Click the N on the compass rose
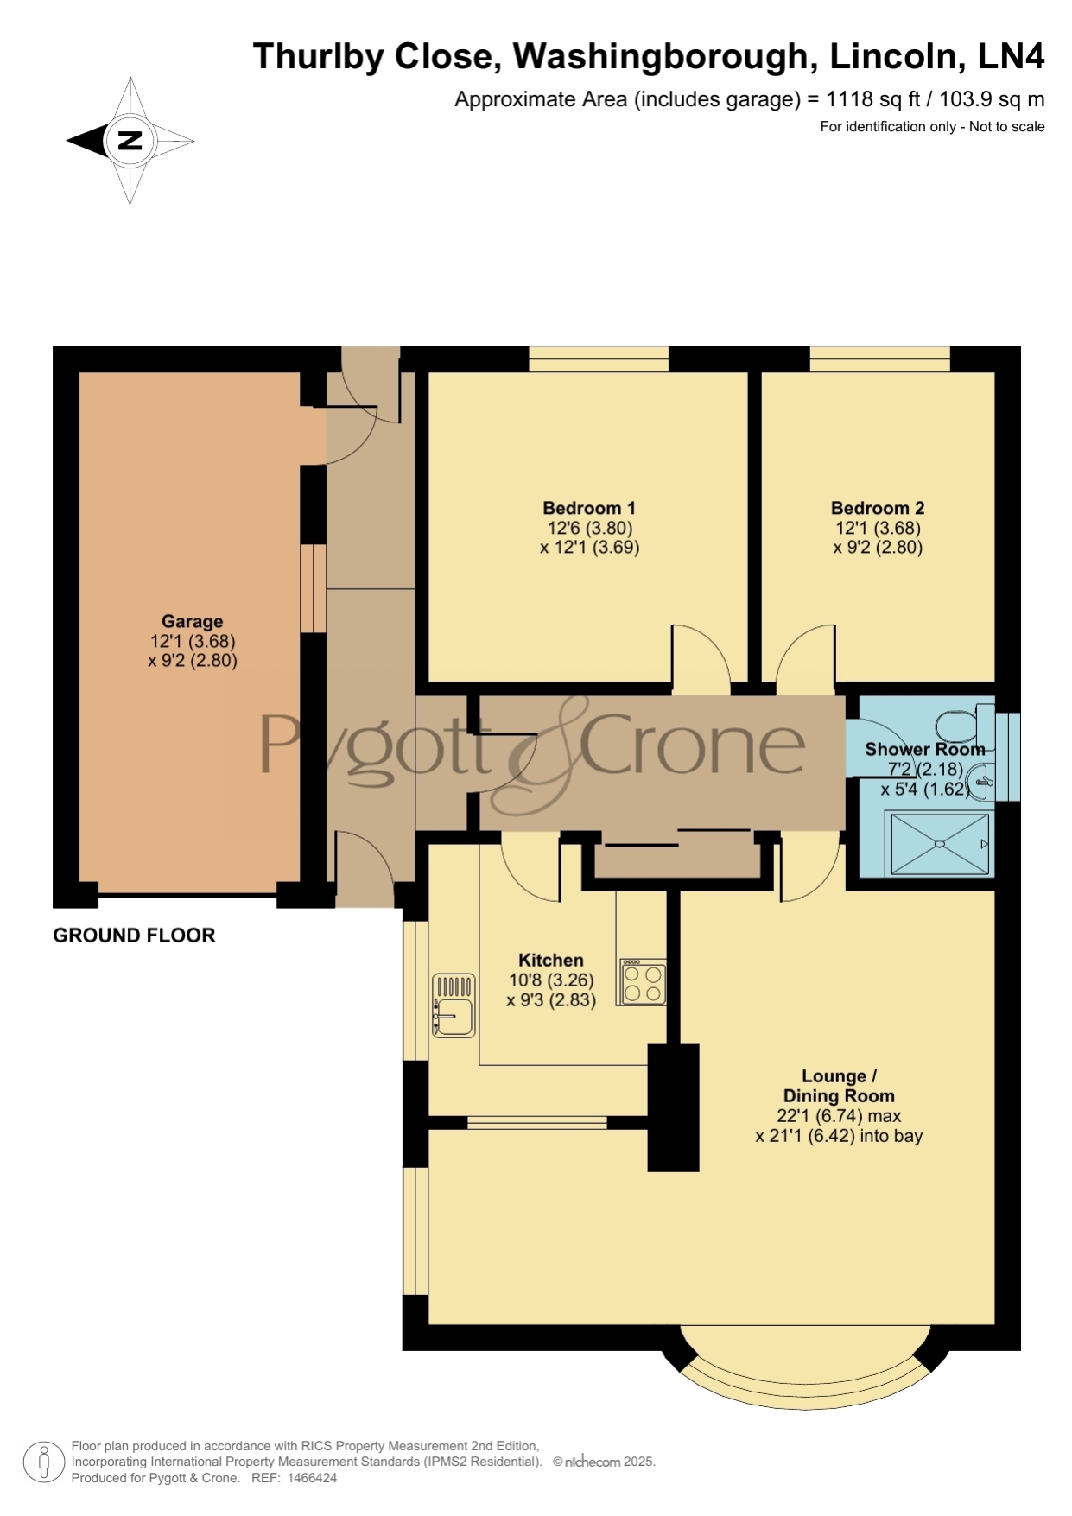point(130,141)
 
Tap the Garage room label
point(192,621)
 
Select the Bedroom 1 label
point(589,508)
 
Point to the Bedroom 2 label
point(878,508)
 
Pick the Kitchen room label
point(550,960)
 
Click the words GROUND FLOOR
point(134,935)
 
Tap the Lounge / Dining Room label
point(839,1086)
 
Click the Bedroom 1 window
point(599,358)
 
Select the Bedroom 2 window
point(879,358)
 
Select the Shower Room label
point(924,749)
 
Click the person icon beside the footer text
point(43,1462)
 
